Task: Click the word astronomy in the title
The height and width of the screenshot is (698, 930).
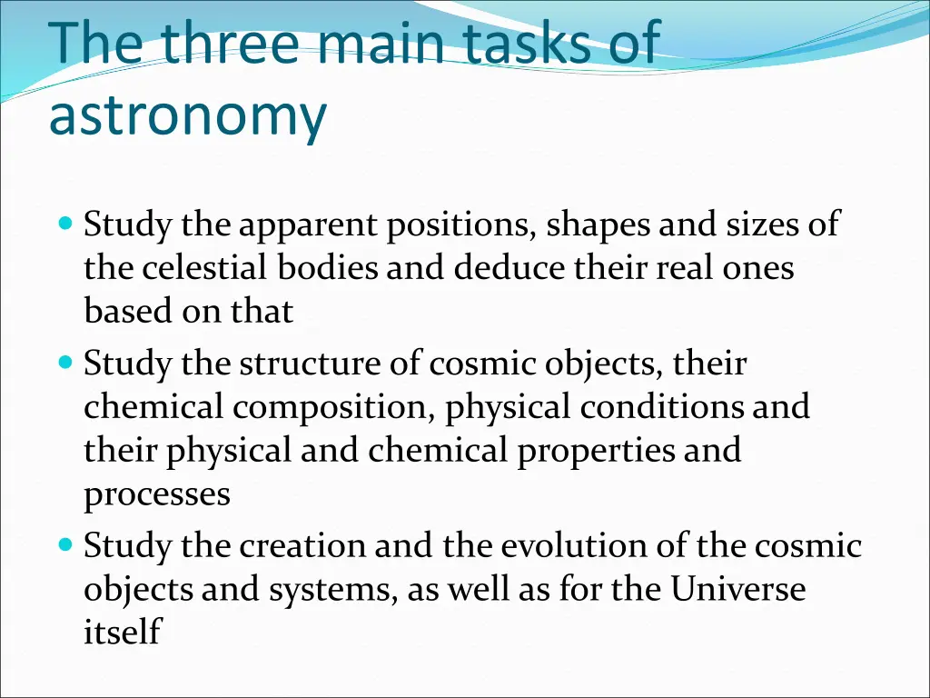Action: point(187,117)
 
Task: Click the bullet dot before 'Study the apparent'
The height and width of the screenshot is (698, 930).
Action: point(64,223)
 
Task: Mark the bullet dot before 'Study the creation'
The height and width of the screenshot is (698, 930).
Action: point(64,546)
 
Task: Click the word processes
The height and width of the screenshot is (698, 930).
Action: point(157,495)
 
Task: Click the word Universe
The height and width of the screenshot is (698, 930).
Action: point(738,590)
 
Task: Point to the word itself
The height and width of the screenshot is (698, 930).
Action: point(122,633)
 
